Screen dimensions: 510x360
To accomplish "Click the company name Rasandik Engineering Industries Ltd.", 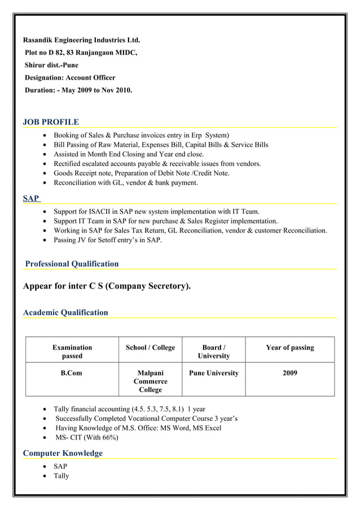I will (x=81, y=41).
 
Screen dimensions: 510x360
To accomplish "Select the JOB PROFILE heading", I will (x=51, y=122).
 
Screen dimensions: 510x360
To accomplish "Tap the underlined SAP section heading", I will (x=31, y=198).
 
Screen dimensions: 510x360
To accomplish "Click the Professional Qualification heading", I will (x=72, y=264).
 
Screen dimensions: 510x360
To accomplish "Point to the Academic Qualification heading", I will (x=65, y=312).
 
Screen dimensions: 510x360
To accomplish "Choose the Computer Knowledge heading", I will (x=63, y=453).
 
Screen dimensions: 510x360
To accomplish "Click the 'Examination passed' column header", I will (x=72, y=351).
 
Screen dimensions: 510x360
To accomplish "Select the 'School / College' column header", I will (x=150, y=347).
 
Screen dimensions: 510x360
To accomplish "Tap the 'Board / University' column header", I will (x=214, y=351).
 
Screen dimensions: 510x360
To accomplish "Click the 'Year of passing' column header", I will (x=289, y=347).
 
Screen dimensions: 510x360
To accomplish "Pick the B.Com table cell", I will (x=72, y=373).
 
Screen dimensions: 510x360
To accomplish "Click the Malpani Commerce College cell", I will (x=150, y=381).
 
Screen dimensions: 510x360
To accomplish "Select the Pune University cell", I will (x=214, y=373).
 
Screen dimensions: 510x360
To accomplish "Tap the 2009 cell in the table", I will (x=289, y=373).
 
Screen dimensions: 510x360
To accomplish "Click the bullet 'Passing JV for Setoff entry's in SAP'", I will (x=107, y=240).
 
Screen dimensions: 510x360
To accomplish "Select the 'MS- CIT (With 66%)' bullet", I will (x=87, y=438).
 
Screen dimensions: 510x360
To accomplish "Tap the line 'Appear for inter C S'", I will (x=107, y=286).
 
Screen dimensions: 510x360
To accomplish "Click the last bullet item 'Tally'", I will (x=61, y=476).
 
